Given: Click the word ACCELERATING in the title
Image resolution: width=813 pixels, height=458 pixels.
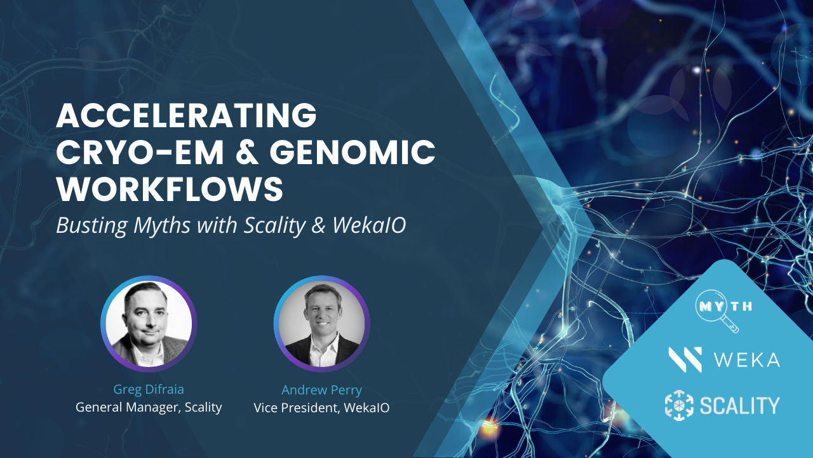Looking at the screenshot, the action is click(x=187, y=115).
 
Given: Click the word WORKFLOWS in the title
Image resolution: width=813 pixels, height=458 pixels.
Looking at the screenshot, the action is click(x=170, y=189).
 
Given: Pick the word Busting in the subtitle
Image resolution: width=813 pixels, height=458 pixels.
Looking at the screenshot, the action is click(x=92, y=225).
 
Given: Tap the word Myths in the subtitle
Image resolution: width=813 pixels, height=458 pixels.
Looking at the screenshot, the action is click(x=162, y=225).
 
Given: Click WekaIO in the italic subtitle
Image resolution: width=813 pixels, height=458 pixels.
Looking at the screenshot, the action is click(x=369, y=225).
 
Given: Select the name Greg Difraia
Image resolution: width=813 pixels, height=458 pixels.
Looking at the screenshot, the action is click(x=149, y=389).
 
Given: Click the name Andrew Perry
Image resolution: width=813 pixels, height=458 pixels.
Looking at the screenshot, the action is click(x=321, y=390).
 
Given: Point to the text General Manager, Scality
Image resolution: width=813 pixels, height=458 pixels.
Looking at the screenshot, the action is click(x=149, y=408).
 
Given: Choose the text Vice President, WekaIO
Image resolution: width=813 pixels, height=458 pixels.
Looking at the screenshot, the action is click(x=321, y=408).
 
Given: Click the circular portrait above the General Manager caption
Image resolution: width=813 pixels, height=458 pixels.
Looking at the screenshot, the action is click(x=149, y=324).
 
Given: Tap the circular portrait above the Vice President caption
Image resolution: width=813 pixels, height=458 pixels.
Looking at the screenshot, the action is click(x=321, y=324).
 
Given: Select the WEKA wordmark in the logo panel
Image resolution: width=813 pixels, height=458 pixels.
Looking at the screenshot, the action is click(x=747, y=360).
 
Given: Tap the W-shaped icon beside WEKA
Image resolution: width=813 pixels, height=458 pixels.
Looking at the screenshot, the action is click(x=685, y=360).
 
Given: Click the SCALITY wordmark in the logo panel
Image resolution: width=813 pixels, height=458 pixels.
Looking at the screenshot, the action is click(x=740, y=405).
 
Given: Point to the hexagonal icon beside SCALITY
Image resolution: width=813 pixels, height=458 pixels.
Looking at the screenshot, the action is click(x=679, y=405).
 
